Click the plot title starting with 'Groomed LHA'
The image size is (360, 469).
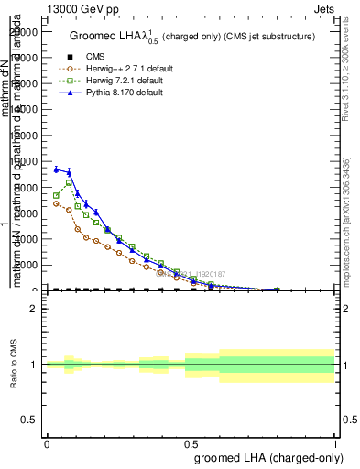(x=192, y=36)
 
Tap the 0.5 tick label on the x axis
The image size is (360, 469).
(x=191, y=443)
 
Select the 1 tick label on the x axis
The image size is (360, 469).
(x=335, y=443)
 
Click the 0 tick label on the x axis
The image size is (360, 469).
(x=47, y=443)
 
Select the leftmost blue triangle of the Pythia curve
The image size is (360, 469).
(x=56, y=169)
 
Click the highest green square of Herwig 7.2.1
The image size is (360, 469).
(x=69, y=182)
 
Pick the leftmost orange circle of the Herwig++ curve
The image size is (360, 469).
(x=56, y=203)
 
